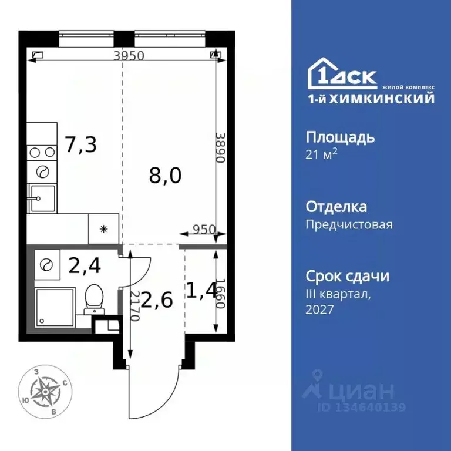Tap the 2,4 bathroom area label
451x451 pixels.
[x=85, y=266]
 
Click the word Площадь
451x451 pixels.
[x=340, y=138]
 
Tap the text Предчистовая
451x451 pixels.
[x=349, y=224]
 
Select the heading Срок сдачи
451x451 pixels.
[x=348, y=277]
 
